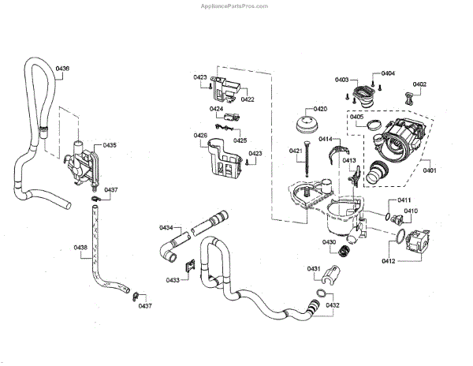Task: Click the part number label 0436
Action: tap(62, 69)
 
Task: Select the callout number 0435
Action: tap(109, 146)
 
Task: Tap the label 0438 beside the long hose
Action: tap(80, 248)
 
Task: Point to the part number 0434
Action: tap(166, 228)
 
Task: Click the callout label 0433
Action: tap(173, 280)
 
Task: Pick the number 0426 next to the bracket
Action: tap(200, 136)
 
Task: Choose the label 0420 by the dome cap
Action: tap(320, 109)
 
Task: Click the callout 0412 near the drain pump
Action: tap(389, 260)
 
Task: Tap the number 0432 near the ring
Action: tap(333, 305)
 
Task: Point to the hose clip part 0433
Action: tap(188, 268)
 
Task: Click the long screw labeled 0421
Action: tap(304, 166)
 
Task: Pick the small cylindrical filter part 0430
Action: tap(343, 252)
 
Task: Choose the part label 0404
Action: tap(388, 73)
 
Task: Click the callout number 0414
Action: tap(324, 139)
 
